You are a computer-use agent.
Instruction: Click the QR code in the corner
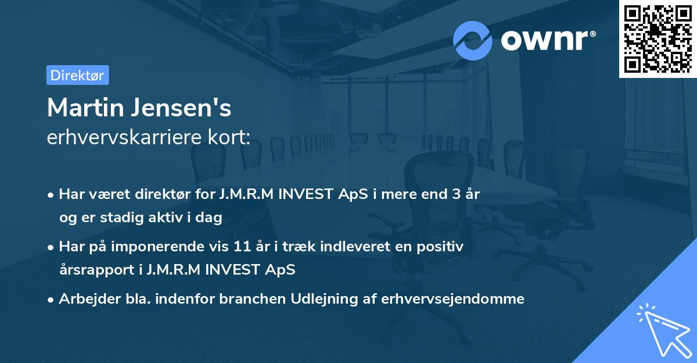pos(658,38)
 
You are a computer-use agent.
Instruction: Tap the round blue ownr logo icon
pos(473,41)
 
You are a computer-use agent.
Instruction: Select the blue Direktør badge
pos(77,75)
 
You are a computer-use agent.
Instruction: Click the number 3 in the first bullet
pos(447,194)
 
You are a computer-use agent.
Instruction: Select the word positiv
pos(441,247)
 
